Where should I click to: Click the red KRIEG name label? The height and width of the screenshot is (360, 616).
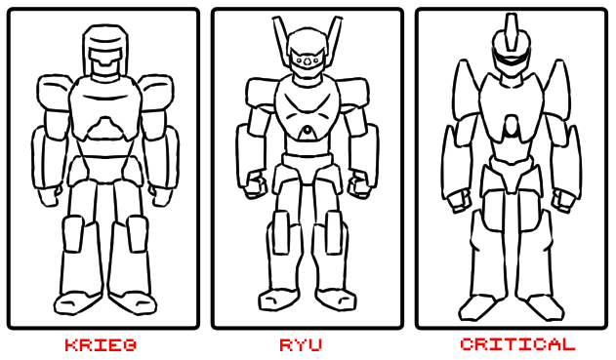101,345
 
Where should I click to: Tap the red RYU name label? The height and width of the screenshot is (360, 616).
301,345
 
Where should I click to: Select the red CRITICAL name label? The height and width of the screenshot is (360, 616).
517,344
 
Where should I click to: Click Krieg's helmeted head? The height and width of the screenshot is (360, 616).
105,51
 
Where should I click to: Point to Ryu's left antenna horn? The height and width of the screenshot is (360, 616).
280,39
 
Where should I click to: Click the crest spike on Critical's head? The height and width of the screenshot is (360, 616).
512,31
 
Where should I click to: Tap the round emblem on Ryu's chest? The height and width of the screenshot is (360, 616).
308,132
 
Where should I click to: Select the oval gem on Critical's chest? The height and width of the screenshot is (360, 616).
512,126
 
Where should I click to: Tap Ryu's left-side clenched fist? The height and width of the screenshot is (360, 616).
255,183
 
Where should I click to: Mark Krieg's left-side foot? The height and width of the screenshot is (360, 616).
77,302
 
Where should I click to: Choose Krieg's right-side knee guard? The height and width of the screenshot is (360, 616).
137,233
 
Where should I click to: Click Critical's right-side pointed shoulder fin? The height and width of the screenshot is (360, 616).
557,90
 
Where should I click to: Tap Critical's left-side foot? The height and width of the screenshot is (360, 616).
478,307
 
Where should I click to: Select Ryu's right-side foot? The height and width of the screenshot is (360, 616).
336,300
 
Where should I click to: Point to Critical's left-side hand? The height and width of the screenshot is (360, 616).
459,201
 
